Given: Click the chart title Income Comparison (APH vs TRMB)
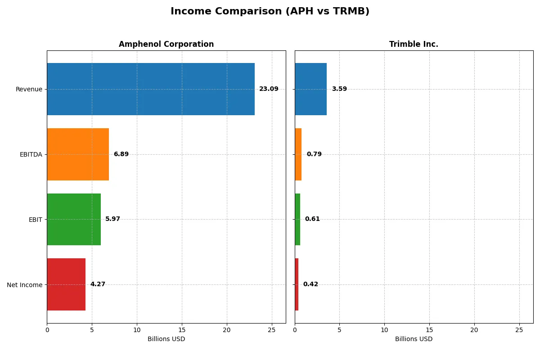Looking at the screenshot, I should (270, 12).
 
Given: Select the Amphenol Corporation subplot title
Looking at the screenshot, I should (166, 45).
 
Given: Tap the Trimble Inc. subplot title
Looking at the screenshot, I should (414, 45).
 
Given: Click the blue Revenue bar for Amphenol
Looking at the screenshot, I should (151, 89).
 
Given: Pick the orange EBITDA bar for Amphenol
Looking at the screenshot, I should (78, 154).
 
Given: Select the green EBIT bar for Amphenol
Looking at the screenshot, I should (74, 219).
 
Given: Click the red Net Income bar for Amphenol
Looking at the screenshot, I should (66, 284).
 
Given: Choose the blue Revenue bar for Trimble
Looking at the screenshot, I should (310, 89).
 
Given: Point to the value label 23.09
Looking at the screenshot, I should (269, 89).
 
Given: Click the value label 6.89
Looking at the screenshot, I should (121, 154).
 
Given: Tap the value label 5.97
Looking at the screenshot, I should (112, 219).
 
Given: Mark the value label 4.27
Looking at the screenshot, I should (98, 284).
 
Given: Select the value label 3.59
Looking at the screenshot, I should (339, 89).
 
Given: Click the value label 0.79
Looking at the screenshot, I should (314, 154).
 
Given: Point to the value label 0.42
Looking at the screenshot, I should (310, 284).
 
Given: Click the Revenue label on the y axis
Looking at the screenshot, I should (29, 89).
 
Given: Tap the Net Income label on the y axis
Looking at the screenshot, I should (25, 284).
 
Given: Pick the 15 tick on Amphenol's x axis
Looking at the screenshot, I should (182, 330).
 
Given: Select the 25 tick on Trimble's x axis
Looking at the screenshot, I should (519, 330).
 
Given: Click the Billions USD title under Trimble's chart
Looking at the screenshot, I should (414, 339).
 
